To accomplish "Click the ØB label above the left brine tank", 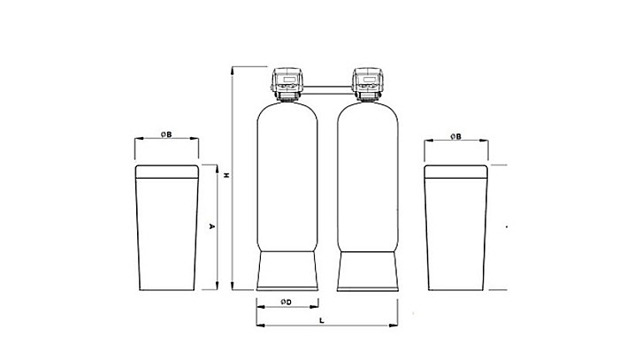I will point(166,134).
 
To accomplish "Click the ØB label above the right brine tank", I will point(455,134).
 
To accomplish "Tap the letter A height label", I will point(210,226).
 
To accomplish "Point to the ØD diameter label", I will point(286,303).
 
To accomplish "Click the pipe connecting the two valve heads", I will point(327,87).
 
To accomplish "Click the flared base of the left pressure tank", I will point(286,270).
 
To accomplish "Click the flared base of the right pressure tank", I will point(368,270).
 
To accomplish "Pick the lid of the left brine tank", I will point(166,172).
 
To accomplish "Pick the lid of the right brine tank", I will point(455,172).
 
